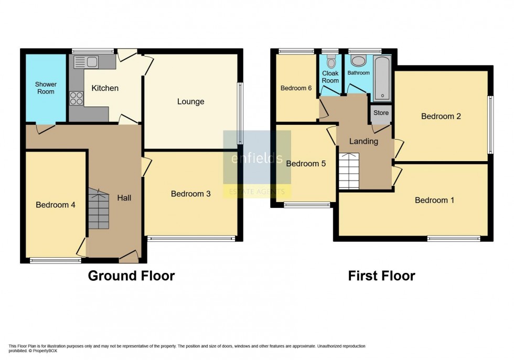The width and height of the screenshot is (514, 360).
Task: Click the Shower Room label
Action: click(46, 88)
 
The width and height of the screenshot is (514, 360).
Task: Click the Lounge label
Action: click(191, 102)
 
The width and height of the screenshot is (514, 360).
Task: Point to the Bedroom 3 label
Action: click(191, 194)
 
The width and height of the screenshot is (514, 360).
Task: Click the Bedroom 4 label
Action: click(56, 205)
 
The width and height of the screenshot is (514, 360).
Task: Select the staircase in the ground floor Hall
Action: click(98, 209)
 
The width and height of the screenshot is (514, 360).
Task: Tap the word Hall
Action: click(124, 198)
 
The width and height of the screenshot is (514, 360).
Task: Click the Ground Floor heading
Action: click(131, 276)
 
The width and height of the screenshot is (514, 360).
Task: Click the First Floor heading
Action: click(382, 276)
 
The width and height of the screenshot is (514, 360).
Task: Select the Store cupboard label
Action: click(381, 113)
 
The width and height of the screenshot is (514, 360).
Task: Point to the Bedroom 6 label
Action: click(296, 88)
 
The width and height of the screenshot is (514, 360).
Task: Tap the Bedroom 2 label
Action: click(441, 117)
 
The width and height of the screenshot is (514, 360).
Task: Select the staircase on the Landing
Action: click(349, 171)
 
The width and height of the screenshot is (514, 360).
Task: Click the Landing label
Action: click(363, 142)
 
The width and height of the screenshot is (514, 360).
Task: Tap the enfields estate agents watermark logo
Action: click(257, 164)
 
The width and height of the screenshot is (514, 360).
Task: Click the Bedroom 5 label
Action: click(306, 163)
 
